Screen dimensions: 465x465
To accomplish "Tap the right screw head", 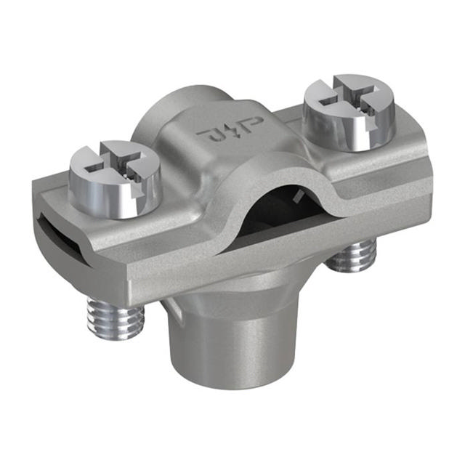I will [348, 113].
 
